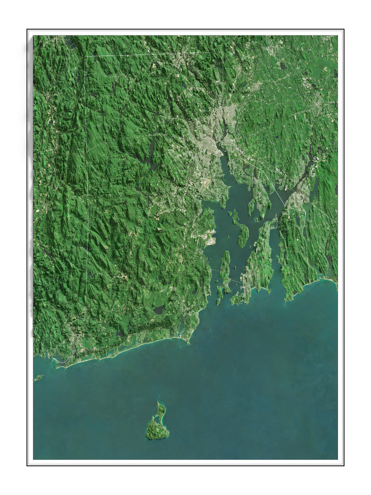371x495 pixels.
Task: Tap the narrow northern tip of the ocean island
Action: pos(160,403)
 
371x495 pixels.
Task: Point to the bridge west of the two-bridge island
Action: pos(214,270)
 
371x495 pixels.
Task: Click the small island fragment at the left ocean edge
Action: pos(38,377)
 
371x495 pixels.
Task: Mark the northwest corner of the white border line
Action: pos(85,56)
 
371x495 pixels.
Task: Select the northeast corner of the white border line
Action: pos(223,52)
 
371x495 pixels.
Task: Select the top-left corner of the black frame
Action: pos(28,30)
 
